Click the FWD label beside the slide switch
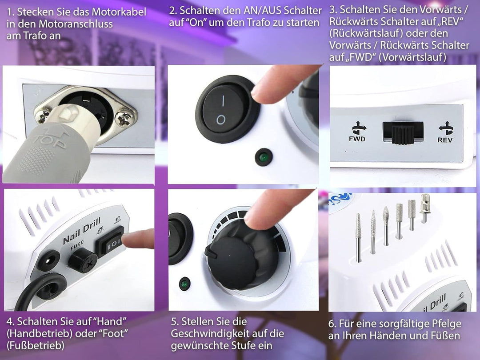pyautogui.click(x=357, y=139)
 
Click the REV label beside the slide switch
pyautogui.click(x=445, y=140)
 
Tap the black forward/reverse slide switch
pyautogui.click(x=403, y=132)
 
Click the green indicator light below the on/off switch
pyautogui.click(x=264, y=157)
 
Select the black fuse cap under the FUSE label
pyautogui.click(x=82, y=260)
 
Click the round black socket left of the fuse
pyautogui.click(x=48, y=261)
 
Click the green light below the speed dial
pyautogui.click(x=184, y=284)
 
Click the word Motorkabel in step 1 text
pyautogui.click(x=119, y=12)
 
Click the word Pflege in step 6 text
pyautogui.click(x=446, y=324)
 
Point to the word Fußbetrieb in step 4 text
pyautogui.click(x=36, y=345)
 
